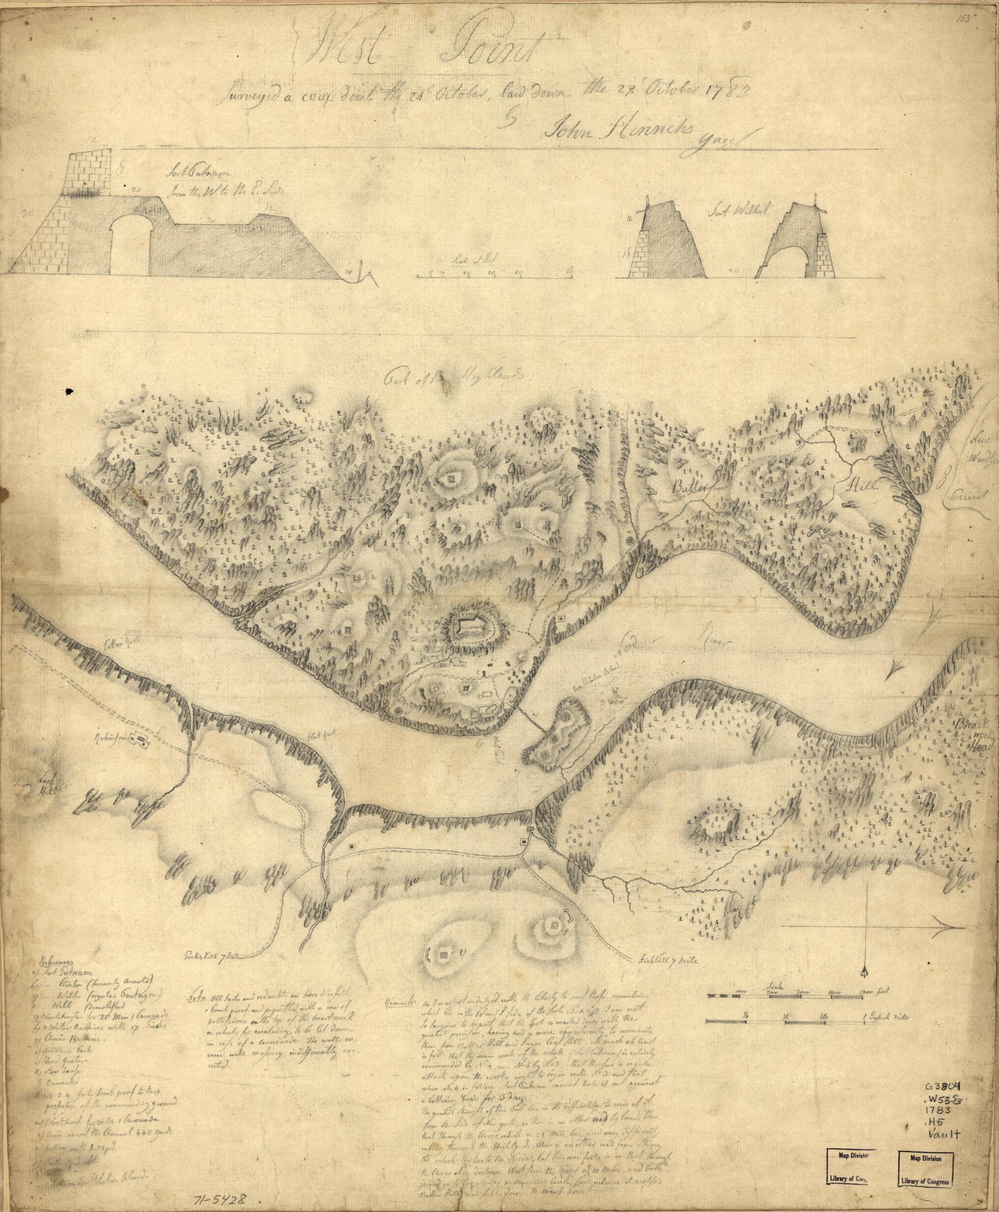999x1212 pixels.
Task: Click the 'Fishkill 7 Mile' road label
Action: [659, 960]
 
